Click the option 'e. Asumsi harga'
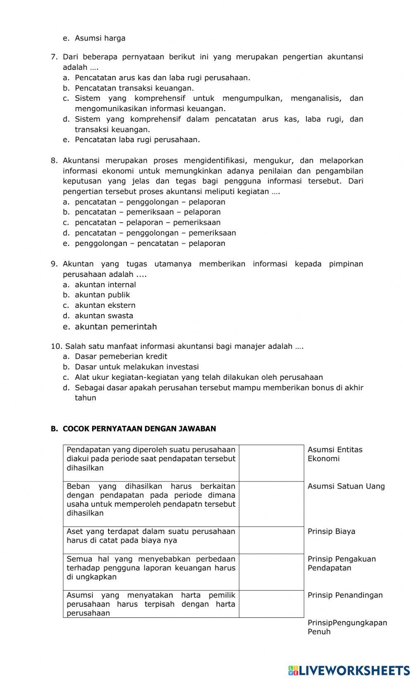click(x=100, y=38)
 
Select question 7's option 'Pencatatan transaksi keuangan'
click(x=134, y=88)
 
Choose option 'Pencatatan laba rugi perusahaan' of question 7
click(x=137, y=140)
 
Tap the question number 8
click(x=54, y=160)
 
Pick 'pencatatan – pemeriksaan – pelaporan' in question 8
click(x=147, y=212)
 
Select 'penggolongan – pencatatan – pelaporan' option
click(x=150, y=243)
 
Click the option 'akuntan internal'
click(x=105, y=285)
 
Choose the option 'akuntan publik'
click(x=102, y=295)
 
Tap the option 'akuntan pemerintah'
click(x=115, y=327)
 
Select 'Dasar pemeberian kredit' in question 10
click(x=121, y=356)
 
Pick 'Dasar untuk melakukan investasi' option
click(x=136, y=367)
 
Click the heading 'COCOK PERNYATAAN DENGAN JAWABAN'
click(x=139, y=429)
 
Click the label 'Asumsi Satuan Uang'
click(x=346, y=486)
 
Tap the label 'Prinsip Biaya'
click(x=331, y=531)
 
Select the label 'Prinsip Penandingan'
click(x=345, y=595)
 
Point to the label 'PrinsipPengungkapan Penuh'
click(x=347, y=627)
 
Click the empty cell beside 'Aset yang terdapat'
click(x=271, y=540)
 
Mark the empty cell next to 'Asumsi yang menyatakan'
click(x=271, y=604)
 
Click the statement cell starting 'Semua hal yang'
click(x=151, y=568)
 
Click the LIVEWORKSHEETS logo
click(x=349, y=670)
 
